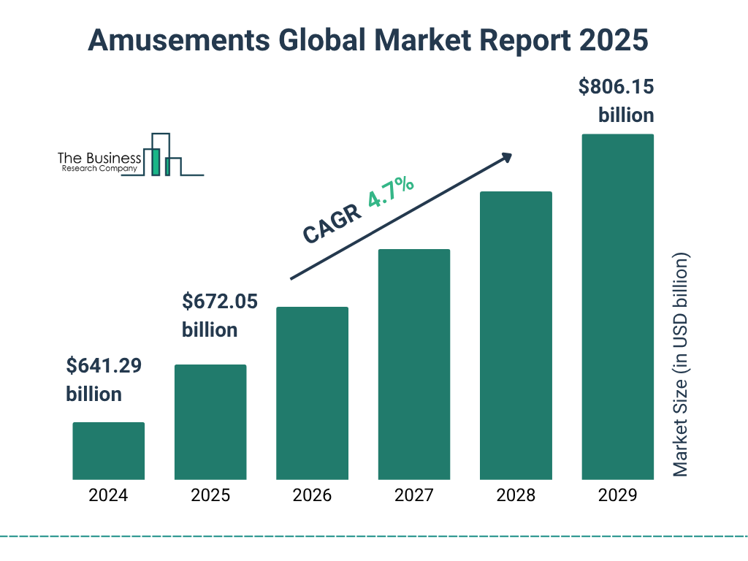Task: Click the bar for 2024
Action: coord(108,451)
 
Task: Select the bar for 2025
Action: coord(210,421)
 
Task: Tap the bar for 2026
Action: coord(312,393)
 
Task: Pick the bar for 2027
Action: coord(413,364)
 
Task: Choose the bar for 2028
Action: coord(516,335)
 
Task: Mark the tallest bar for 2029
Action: coord(617,307)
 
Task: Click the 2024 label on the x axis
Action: coord(108,495)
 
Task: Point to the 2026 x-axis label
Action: coord(312,495)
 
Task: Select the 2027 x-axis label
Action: coord(413,495)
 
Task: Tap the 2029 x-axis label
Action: coord(617,495)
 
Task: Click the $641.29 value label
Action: coord(103,366)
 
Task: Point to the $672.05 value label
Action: coord(219,301)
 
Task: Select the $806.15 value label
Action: coord(616,88)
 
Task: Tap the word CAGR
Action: coord(332,224)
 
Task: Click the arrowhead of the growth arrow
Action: coord(505,158)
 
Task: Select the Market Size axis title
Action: coord(681,365)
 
